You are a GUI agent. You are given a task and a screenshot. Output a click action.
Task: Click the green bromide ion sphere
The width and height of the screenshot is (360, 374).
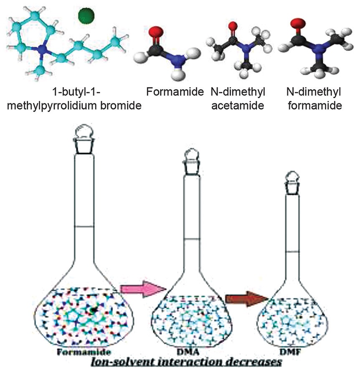(86, 16)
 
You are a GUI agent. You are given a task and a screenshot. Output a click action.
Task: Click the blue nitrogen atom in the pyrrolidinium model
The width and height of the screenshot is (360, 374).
(42, 50)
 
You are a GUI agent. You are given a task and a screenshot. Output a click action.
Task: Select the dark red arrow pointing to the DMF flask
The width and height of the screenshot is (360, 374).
(246, 298)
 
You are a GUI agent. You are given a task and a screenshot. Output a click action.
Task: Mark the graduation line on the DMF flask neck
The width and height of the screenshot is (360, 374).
(295, 252)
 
